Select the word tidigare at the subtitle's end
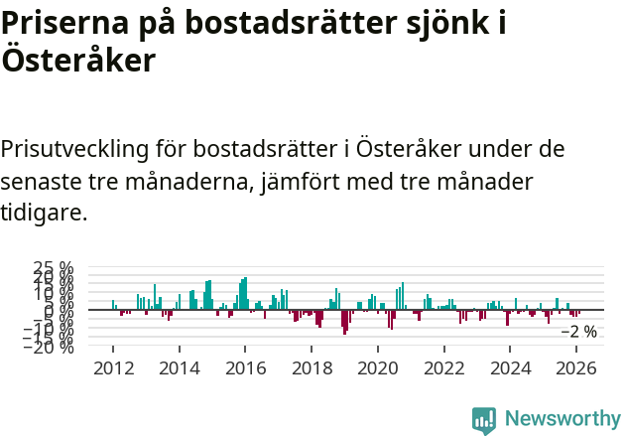coord(44,214)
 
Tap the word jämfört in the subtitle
coord(318,182)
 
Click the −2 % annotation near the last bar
coord(579,332)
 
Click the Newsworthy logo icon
coord(484,419)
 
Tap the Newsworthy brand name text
coord(562,419)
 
